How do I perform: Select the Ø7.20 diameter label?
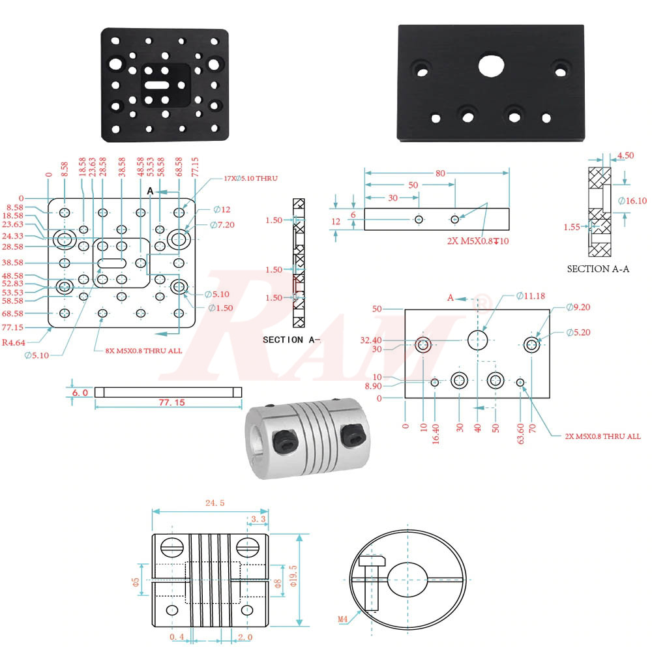coord(222,225)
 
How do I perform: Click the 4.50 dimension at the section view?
coord(625,155)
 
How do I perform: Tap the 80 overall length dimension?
coord(441,173)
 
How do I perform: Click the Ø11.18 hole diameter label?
coord(530,296)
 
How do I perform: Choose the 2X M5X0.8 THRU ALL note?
coord(602,436)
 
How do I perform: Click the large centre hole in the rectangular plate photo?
coord(491,65)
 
